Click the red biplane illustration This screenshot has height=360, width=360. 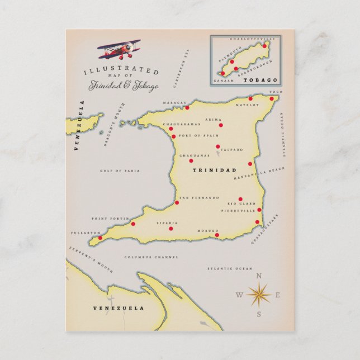119,50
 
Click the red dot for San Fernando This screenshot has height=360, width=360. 177,202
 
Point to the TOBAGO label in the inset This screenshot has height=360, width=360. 260,80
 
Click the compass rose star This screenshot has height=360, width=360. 258,293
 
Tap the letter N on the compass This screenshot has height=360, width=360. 258,276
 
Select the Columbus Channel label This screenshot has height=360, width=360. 151,257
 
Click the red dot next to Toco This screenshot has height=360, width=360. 272,99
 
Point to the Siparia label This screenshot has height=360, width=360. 170,221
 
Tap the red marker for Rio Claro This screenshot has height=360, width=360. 240,199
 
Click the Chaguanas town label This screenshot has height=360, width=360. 194,155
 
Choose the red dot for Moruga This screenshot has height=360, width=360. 217,235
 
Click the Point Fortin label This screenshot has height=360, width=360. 106,219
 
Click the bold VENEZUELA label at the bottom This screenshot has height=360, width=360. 118,308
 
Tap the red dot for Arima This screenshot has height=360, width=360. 221,125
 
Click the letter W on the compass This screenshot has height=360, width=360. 239,295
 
